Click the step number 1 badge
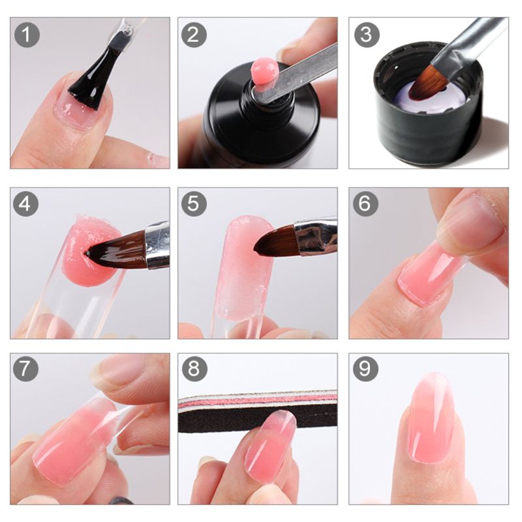(26, 35)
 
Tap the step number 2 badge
(193, 35)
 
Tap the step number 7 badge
(26, 370)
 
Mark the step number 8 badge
(193, 370)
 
